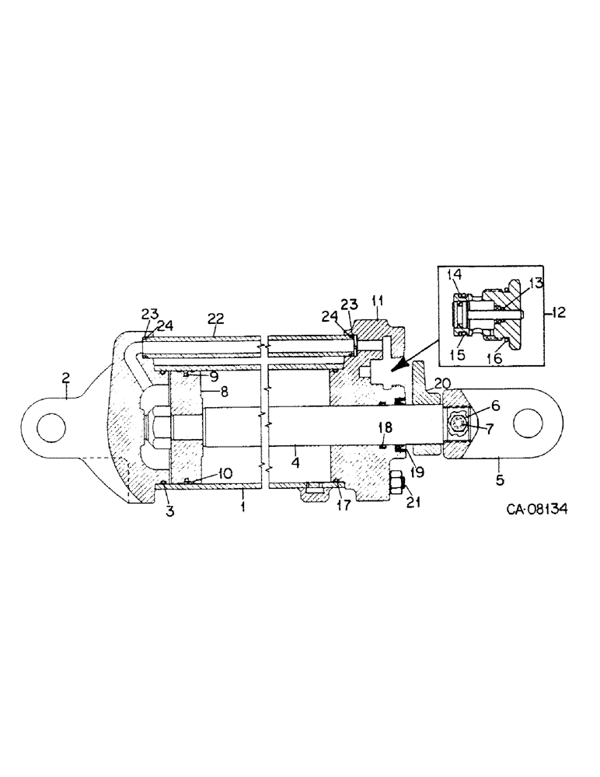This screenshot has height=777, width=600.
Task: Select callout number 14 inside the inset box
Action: pyautogui.click(x=455, y=275)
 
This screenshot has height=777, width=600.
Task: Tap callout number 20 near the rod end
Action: pyautogui.click(x=442, y=382)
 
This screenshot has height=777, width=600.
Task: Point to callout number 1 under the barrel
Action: pyautogui.click(x=242, y=505)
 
